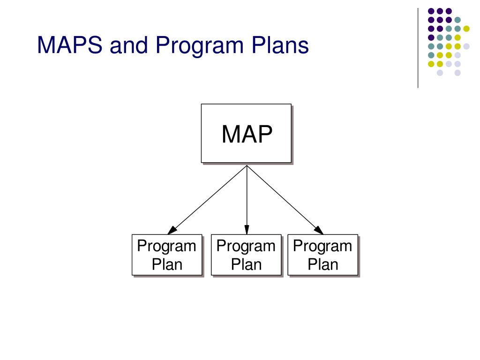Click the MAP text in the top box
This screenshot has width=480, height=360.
click(247, 135)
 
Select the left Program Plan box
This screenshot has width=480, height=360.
click(167, 255)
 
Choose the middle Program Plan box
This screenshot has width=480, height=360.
click(246, 255)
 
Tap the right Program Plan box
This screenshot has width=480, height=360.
click(322, 255)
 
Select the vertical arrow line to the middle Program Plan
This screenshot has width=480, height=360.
click(247, 197)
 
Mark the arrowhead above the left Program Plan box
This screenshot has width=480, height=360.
click(172, 230)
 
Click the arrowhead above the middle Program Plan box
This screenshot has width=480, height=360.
click(247, 230)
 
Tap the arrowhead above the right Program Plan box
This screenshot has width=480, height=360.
click(319, 230)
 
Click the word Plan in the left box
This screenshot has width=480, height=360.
click(167, 264)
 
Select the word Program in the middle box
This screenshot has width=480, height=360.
click(246, 246)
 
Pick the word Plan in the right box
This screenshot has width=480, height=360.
click(322, 264)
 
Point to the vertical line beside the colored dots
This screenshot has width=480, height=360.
click(418, 47)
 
